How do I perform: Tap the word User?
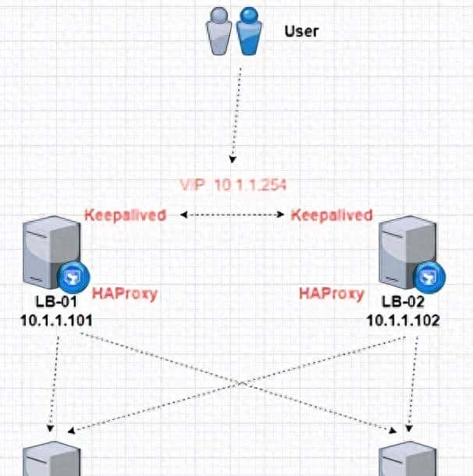coord(301,32)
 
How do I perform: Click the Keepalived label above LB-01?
coord(125,215)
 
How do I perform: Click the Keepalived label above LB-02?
coord(331,215)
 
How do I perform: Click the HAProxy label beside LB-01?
coord(125,294)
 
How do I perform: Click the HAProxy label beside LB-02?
coord(331,294)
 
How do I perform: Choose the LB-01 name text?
coord(50,303)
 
